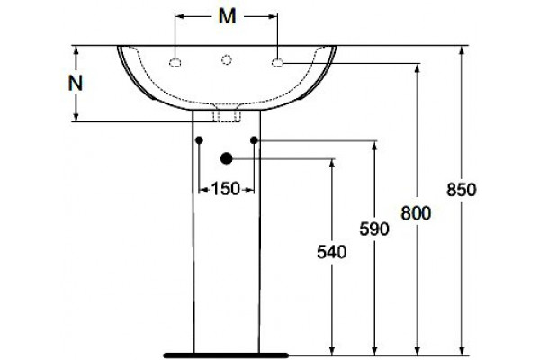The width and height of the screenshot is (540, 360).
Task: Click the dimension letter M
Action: [228, 16]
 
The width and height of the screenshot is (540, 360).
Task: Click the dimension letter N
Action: [76, 84]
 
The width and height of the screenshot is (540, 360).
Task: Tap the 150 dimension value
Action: [225, 189]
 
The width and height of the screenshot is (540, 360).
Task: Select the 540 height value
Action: [331, 252]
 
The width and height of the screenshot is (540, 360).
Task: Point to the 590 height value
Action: [374, 229]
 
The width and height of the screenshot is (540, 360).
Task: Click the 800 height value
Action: [416, 213]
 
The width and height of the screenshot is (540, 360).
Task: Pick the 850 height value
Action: [462, 190]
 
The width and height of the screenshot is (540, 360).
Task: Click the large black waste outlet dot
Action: [226, 158]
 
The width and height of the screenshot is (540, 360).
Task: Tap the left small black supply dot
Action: [199, 140]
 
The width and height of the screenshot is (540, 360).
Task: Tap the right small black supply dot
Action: [254, 140]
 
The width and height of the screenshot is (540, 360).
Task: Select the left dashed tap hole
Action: [175, 63]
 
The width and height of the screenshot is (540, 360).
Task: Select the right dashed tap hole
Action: [277, 63]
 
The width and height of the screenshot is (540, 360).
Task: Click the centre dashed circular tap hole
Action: [226, 60]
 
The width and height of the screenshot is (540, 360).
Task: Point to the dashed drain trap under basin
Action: [226, 113]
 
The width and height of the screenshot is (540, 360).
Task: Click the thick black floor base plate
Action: [226, 355]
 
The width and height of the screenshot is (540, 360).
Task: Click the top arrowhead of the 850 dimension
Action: [463, 50]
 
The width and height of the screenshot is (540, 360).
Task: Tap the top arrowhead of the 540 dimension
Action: [332, 164]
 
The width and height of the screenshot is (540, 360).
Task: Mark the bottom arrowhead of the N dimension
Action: [76, 117]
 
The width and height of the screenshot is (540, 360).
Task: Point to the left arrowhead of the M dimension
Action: [180, 16]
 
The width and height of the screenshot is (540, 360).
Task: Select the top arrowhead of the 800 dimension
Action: [418, 68]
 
